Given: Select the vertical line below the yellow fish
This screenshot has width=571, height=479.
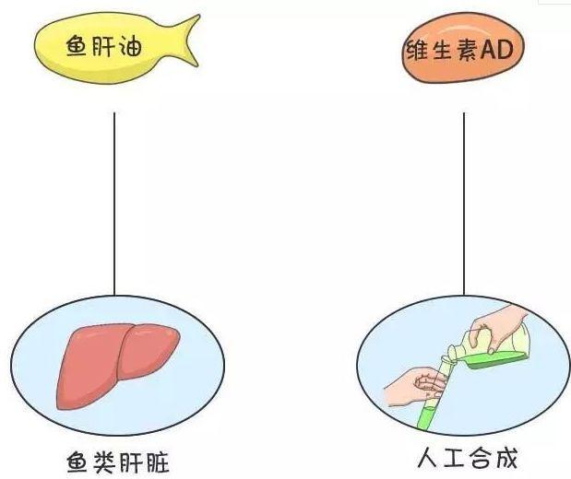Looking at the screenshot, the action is click(x=113, y=203).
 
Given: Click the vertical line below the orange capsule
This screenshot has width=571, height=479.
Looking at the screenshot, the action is click(x=463, y=203).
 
